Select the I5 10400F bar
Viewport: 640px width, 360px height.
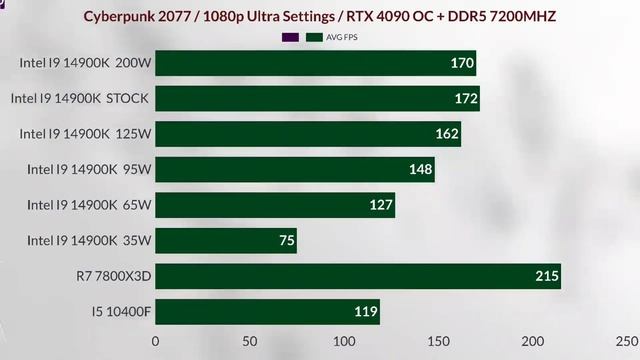click(267, 312)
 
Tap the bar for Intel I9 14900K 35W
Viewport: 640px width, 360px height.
click(226, 240)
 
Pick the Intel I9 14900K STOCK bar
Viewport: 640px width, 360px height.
click(317, 98)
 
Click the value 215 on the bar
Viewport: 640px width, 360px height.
click(546, 277)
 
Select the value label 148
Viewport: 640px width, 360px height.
click(421, 169)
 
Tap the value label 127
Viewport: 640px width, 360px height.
click(381, 205)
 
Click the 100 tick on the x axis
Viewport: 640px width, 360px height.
click(343, 341)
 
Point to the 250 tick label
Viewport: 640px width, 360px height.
click(627, 341)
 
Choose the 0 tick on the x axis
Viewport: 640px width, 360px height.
click(155, 341)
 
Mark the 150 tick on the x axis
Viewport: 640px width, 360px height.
click(438, 341)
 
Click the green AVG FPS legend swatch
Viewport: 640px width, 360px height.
click(314, 37)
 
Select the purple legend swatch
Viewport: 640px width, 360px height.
click(291, 37)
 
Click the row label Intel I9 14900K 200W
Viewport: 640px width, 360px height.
click(84, 62)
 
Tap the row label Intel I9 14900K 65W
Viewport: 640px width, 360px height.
click(89, 205)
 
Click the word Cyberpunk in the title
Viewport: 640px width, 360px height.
click(127, 16)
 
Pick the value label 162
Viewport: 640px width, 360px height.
click(447, 134)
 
